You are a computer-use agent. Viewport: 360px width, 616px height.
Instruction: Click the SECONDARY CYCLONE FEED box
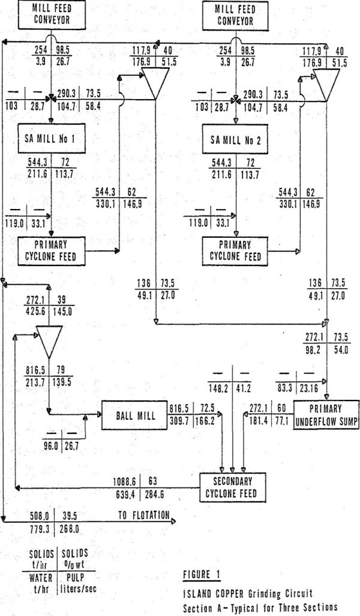click(235, 488)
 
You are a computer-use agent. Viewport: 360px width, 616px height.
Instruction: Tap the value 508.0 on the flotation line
click(41, 514)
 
